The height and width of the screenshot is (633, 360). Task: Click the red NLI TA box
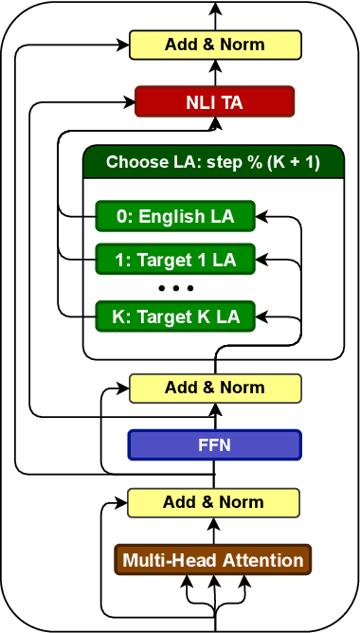tap(215, 100)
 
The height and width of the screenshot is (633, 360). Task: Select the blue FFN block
tap(215, 444)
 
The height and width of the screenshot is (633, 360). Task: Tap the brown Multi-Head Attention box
tap(213, 560)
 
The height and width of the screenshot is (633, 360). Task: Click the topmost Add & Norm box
tap(215, 45)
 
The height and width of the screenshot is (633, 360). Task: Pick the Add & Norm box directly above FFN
tap(215, 388)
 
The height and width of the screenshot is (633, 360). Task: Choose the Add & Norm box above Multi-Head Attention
tap(214, 502)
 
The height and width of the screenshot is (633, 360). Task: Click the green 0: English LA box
tap(175, 216)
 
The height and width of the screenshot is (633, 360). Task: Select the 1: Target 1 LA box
tap(175, 258)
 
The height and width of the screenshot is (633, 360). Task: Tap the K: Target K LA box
tap(175, 314)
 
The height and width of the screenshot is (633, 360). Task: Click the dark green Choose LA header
tap(213, 162)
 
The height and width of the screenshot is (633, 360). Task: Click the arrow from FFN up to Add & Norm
tap(215, 416)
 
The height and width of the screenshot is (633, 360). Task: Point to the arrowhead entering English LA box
tap(262, 216)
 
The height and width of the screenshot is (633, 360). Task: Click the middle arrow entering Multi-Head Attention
tap(215, 583)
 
